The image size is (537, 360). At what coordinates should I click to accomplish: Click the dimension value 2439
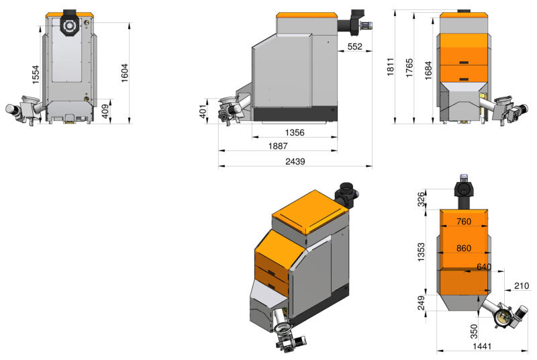(295, 161)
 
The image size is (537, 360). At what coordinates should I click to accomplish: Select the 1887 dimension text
(278, 146)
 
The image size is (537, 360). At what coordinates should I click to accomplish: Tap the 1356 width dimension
(295, 132)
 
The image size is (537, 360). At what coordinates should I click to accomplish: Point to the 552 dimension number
(354, 46)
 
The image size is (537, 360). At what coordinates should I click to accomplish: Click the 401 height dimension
(203, 111)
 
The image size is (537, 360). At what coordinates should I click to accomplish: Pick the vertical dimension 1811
(391, 66)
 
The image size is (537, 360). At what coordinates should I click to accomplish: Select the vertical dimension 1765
(409, 68)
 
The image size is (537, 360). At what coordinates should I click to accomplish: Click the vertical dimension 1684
(428, 71)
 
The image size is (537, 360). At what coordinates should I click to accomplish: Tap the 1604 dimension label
(124, 73)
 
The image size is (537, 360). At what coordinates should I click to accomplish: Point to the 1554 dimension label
(36, 75)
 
